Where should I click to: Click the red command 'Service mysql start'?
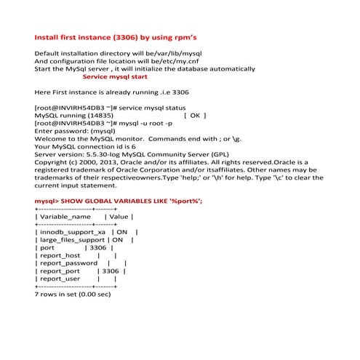(x=116, y=76)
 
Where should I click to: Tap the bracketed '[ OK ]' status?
(x=195, y=115)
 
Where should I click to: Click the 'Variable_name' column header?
(x=65, y=217)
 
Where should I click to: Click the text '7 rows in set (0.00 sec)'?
(x=73, y=295)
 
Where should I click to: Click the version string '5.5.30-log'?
(x=94, y=154)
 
